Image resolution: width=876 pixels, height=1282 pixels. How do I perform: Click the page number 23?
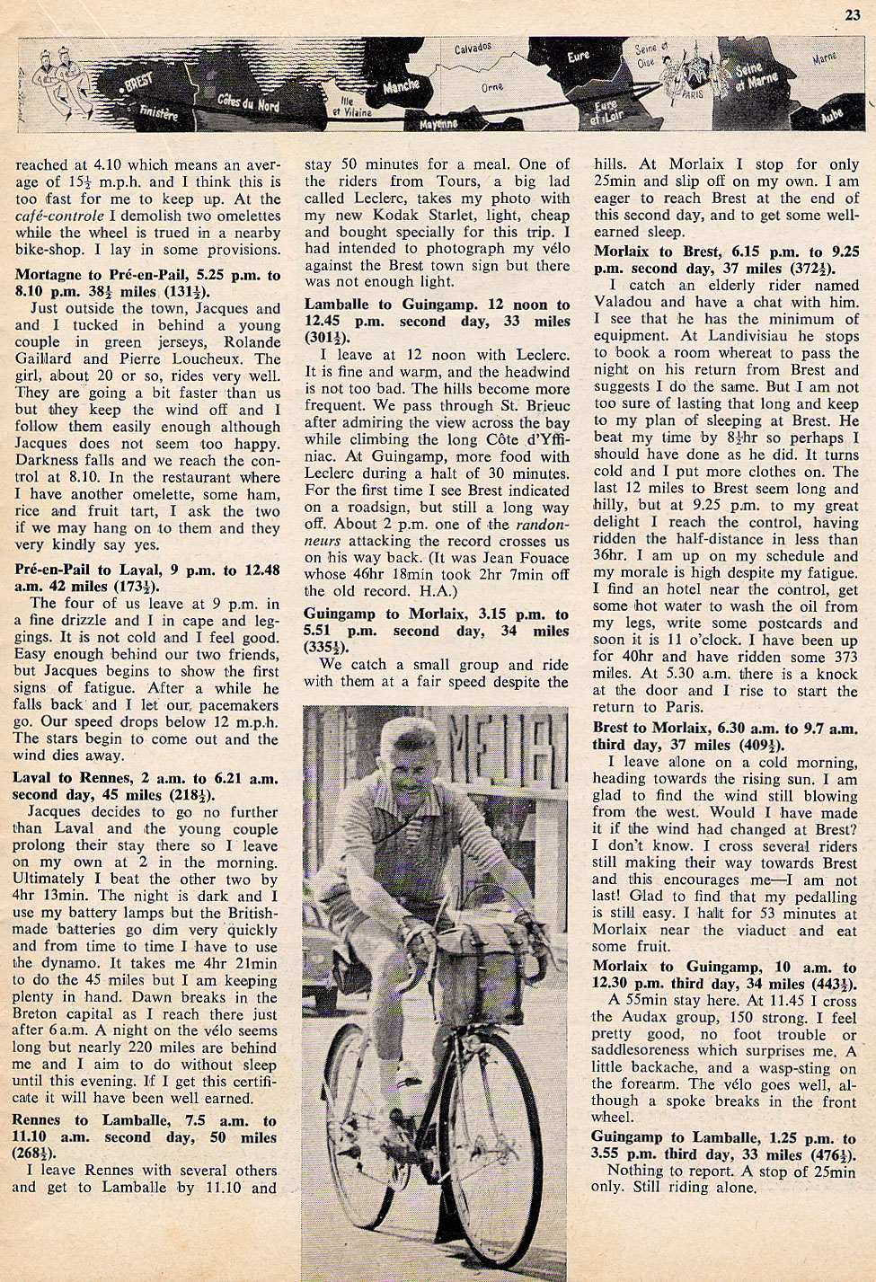[x=852, y=13]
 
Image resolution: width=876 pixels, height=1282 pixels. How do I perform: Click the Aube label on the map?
[x=831, y=116]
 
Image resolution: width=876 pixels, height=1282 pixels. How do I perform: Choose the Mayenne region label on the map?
[x=438, y=123]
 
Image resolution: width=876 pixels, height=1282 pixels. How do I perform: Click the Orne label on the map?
[x=491, y=88]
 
